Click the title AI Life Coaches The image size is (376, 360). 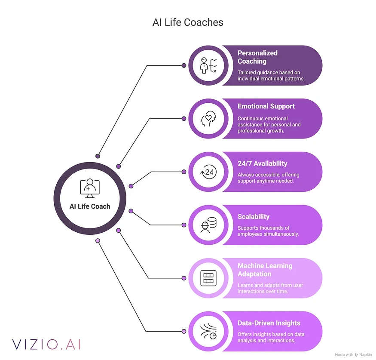pyautogui.click(x=188, y=22)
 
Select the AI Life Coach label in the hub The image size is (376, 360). pyautogui.click(x=90, y=206)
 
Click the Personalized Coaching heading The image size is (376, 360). pyautogui.click(x=257, y=57)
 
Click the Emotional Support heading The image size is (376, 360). pyautogui.click(x=266, y=106)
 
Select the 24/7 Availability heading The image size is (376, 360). pyautogui.click(x=263, y=163)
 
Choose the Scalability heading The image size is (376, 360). pyautogui.click(x=254, y=217)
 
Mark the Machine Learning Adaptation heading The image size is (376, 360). pyautogui.click(x=265, y=270)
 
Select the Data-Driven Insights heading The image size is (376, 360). pyautogui.click(x=269, y=323)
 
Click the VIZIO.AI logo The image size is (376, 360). pyautogui.click(x=46, y=344)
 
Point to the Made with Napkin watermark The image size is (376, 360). pyautogui.click(x=354, y=355)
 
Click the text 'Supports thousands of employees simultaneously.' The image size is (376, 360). pyautogui.click(x=269, y=231)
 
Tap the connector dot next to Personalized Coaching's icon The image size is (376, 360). pyautogui.click(x=184, y=65)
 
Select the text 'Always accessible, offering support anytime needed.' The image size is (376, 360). pyautogui.click(x=269, y=178)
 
